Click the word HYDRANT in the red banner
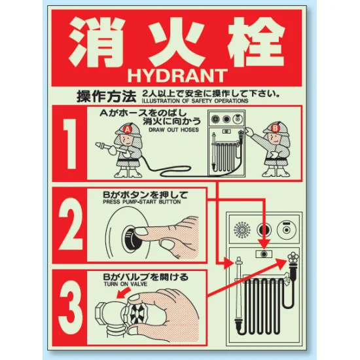177,75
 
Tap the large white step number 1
70,144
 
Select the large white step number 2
70,224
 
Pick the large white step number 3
70,307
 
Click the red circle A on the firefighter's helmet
127,130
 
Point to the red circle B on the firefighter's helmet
275,128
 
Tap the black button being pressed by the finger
130,238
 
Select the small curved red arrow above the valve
123,293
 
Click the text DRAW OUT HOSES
173,130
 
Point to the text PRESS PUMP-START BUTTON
142,202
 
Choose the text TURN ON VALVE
126,284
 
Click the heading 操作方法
106,96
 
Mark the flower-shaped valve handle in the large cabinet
293,258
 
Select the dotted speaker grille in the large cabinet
242,230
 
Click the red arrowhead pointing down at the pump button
264,244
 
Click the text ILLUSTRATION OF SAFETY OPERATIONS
195,101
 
